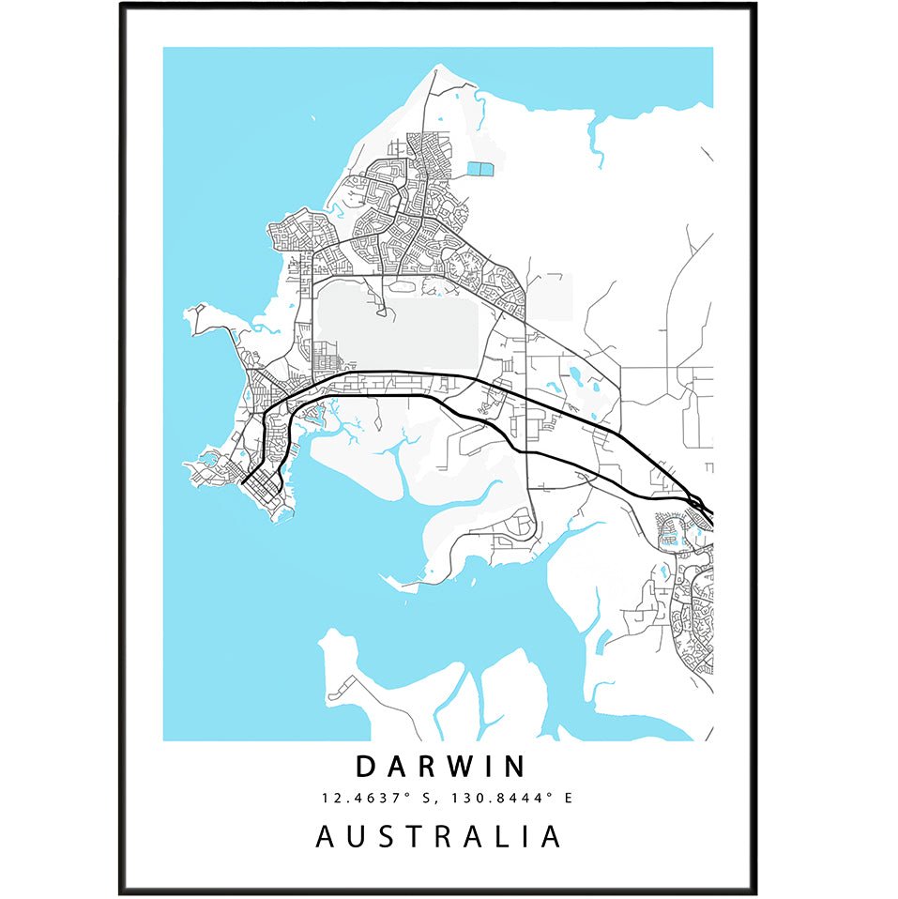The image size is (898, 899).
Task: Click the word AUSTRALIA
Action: pyautogui.click(x=438, y=835)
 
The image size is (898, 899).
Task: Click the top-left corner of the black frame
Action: pyautogui.click(x=121, y=5)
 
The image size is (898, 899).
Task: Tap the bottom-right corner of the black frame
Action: pyautogui.click(x=755, y=892)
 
